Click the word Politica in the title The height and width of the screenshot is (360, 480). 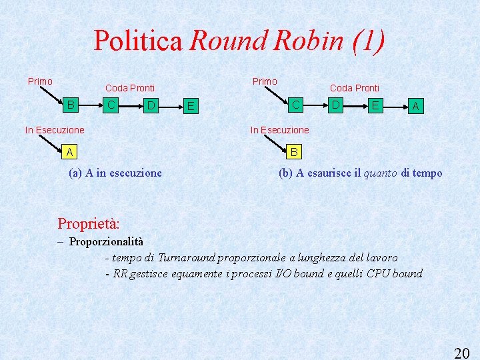(x=138, y=41)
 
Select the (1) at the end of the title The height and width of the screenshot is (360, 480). (x=367, y=41)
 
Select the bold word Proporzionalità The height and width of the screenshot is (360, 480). (x=106, y=241)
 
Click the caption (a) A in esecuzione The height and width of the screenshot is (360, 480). (x=115, y=173)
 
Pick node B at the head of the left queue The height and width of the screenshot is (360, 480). (x=71, y=105)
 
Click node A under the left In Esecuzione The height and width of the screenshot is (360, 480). (x=69, y=153)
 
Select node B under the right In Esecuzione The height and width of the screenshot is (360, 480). (x=294, y=153)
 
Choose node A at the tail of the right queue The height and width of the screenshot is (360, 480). (x=415, y=105)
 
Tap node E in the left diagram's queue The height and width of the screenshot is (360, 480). (x=191, y=106)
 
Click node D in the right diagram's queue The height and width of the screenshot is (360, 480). (x=337, y=105)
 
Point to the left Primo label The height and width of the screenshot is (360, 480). (x=40, y=81)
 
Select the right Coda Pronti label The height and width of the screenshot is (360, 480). (x=355, y=88)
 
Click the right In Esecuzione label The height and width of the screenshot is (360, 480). (x=279, y=130)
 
